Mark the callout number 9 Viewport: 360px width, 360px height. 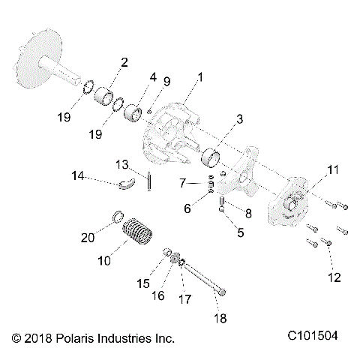click(x=166, y=81)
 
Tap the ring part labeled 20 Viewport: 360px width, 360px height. click(x=117, y=217)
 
